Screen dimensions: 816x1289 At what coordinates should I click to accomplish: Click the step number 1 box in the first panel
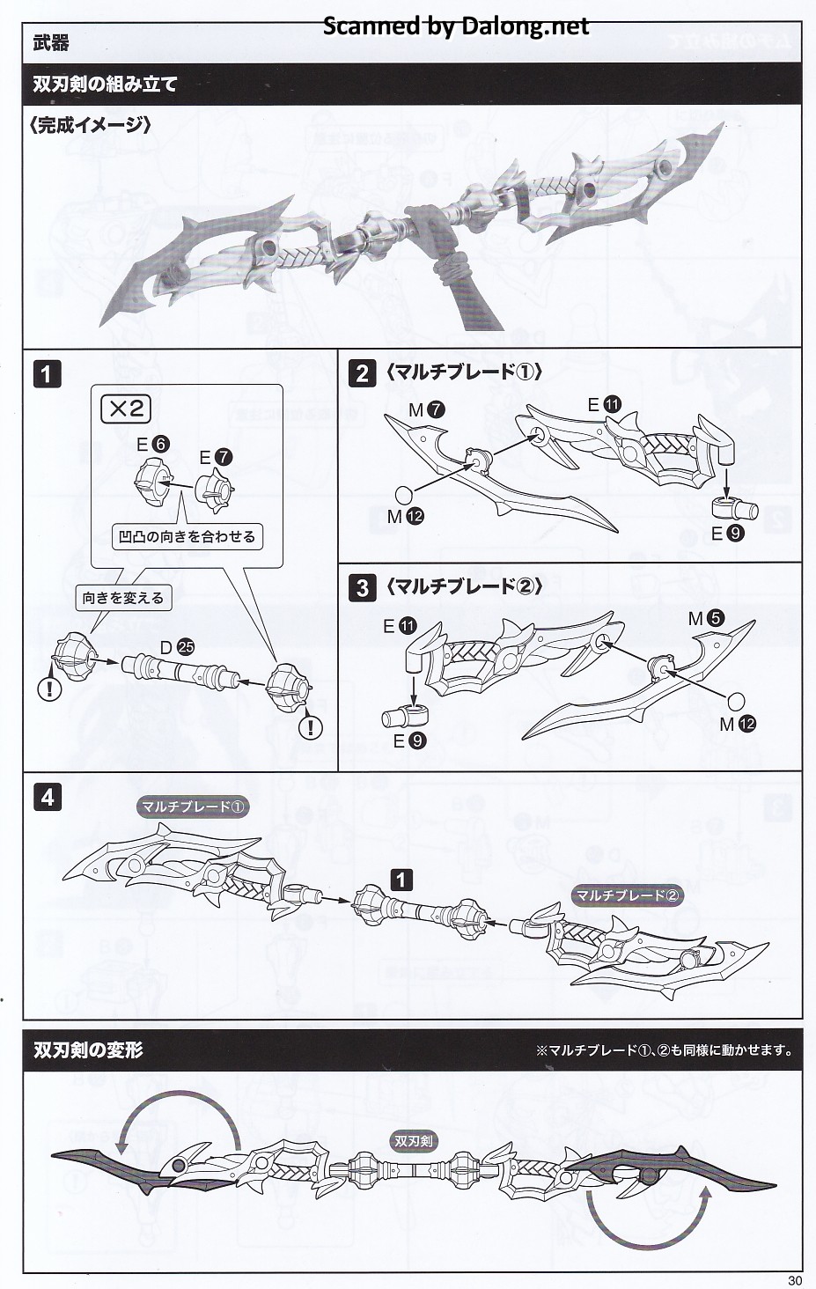47,374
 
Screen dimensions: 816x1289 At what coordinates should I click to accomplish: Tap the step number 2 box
362,374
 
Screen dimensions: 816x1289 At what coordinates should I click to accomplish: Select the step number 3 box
362,587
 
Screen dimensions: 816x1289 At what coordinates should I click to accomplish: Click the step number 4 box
47,799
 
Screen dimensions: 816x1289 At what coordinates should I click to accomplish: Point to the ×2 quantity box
126,409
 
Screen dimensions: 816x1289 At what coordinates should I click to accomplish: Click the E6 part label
152,444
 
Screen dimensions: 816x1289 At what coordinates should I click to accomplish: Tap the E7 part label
215,457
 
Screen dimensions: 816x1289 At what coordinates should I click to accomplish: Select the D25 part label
177,647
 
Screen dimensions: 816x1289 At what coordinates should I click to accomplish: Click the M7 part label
426,409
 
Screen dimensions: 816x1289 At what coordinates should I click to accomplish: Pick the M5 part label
706,619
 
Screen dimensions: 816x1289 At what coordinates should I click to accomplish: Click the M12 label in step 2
405,516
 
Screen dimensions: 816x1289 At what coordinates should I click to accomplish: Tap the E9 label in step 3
409,741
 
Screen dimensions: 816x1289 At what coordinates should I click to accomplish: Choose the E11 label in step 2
604,404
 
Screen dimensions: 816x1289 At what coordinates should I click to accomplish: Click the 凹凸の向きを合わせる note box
187,536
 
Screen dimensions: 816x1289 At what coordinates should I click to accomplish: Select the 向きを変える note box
123,598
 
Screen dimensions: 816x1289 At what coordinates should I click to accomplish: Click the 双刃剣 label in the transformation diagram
413,1140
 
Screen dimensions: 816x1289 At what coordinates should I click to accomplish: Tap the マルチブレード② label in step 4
628,895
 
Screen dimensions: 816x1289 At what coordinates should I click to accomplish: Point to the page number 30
795,1280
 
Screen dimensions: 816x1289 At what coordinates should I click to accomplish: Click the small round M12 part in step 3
735,702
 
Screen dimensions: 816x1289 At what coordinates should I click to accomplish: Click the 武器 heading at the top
51,43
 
